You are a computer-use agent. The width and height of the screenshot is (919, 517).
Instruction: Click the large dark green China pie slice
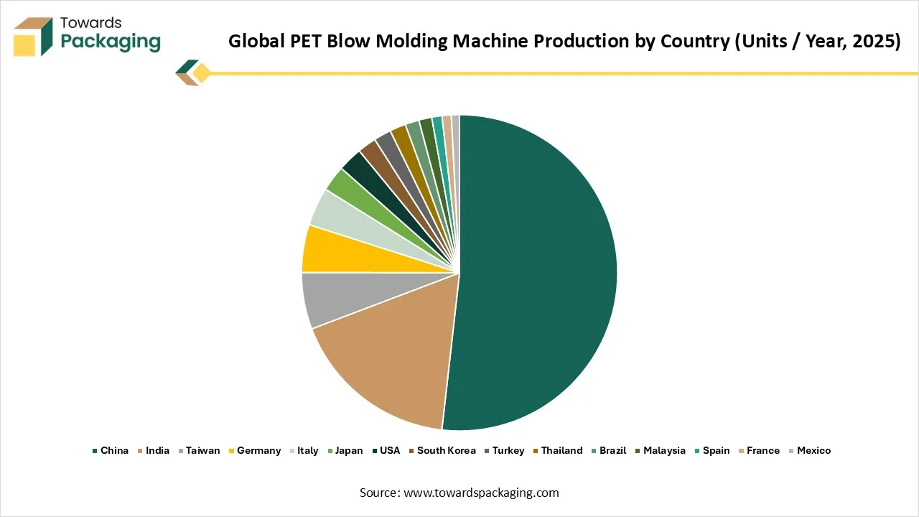[538, 273]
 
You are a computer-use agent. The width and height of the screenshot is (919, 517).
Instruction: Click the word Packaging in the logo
[111, 42]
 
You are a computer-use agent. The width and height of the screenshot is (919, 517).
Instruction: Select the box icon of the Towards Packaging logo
[33, 37]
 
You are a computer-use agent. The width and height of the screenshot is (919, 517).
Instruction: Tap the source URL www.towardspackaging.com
[481, 493]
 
